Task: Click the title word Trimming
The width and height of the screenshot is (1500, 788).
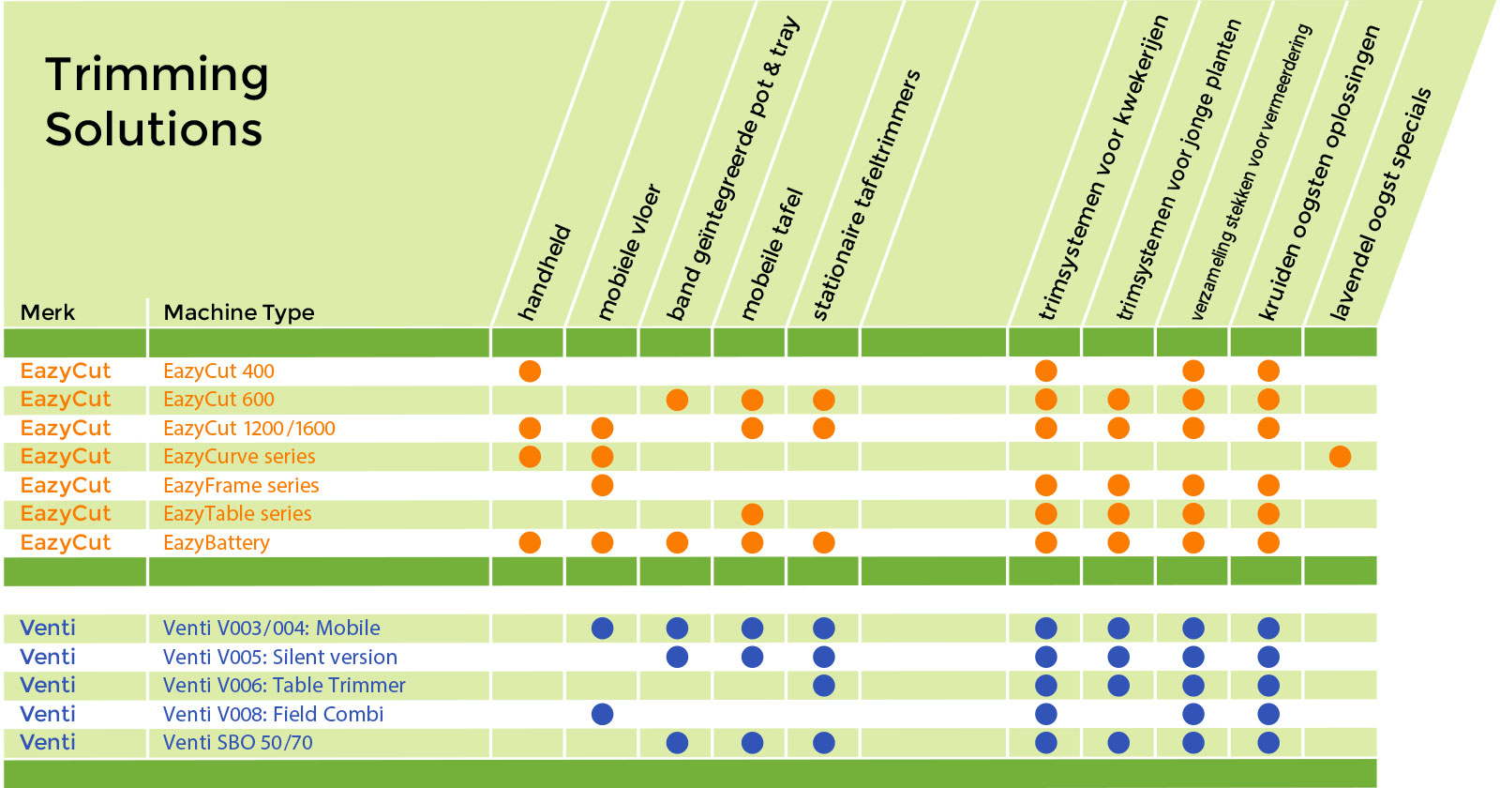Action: pyautogui.click(x=157, y=76)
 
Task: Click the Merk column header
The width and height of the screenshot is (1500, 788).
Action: pyautogui.click(x=48, y=312)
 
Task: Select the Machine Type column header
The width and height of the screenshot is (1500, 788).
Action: pyautogui.click(x=238, y=313)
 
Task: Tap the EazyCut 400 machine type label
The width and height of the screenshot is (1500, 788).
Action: pyautogui.click(x=218, y=371)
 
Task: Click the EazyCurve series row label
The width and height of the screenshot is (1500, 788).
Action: pyautogui.click(x=239, y=456)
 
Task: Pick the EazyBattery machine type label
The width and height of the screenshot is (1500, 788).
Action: pyautogui.click(x=217, y=543)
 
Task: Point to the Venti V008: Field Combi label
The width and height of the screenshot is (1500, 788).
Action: pyautogui.click(x=273, y=714)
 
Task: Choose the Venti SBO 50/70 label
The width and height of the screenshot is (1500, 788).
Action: pyautogui.click(x=238, y=742)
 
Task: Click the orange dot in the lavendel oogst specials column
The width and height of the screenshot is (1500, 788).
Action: pyautogui.click(x=1340, y=457)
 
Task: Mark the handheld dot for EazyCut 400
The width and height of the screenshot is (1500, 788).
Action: pyautogui.click(x=530, y=371)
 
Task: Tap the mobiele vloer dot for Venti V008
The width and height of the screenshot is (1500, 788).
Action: pyautogui.click(x=602, y=714)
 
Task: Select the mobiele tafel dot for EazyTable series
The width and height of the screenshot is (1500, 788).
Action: pyautogui.click(x=752, y=514)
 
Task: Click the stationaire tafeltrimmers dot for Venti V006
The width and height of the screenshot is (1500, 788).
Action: pyautogui.click(x=824, y=686)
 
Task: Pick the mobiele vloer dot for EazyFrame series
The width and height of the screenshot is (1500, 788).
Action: pyautogui.click(x=602, y=485)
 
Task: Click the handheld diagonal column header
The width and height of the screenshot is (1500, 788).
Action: pyautogui.click(x=545, y=273)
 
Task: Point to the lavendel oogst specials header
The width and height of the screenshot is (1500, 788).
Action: pyautogui.click(x=1380, y=204)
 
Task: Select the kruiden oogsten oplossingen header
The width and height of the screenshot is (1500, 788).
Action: pyautogui.click(x=1318, y=173)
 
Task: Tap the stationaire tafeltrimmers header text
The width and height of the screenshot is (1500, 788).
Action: pyautogui.click(x=866, y=194)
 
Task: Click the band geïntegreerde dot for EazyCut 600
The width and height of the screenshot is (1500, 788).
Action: pyautogui.click(x=677, y=400)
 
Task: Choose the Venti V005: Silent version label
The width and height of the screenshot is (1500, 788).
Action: pyautogui.click(x=280, y=658)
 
